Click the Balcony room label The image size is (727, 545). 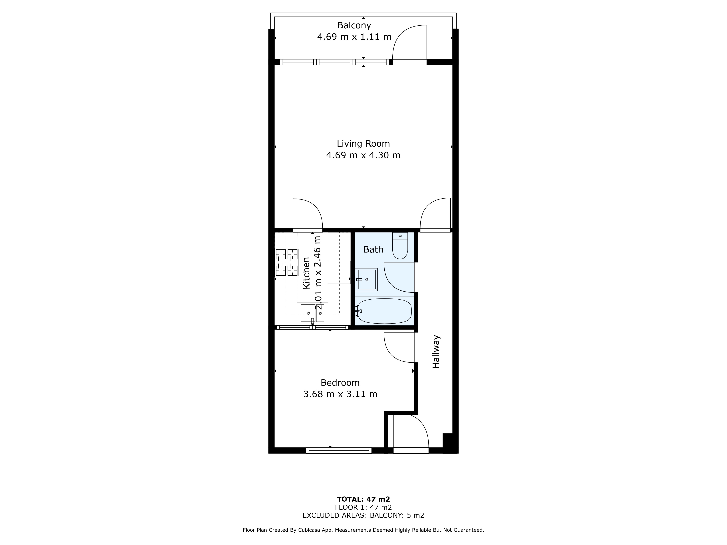(x=354, y=25)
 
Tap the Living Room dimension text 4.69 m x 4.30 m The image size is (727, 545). (x=363, y=155)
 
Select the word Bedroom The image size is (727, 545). (x=340, y=383)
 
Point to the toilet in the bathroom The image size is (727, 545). (x=400, y=246)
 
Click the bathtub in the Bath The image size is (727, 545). (x=384, y=311)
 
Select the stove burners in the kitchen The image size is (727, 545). (x=287, y=262)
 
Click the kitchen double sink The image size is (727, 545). (x=312, y=313)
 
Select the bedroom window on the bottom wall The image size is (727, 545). (x=339, y=450)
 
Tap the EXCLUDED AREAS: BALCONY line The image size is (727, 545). (x=363, y=515)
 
